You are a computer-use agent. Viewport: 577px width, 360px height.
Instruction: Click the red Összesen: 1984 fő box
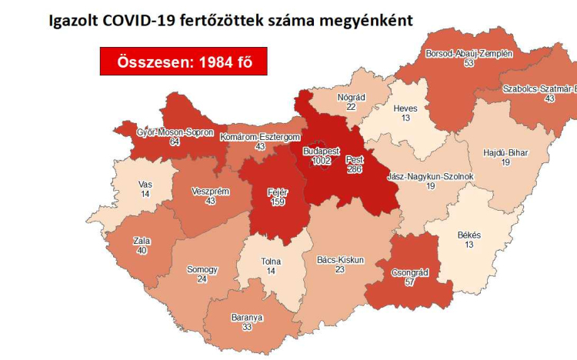[183, 61]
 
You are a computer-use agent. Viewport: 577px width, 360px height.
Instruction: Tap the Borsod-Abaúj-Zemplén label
[469, 54]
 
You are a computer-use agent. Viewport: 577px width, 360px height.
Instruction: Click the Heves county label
[405, 108]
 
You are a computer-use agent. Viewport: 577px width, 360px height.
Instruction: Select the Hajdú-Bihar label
[507, 153]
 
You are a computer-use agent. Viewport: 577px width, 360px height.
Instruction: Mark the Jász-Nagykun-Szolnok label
[431, 176]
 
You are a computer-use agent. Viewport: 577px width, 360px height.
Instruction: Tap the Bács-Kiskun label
[340, 260]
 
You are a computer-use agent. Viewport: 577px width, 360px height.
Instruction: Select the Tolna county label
[271, 262]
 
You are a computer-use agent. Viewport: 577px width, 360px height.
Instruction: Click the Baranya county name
[247, 317]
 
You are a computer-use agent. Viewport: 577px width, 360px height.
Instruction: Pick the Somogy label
[202, 270]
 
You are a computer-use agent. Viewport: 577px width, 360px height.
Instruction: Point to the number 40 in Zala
[141, 250]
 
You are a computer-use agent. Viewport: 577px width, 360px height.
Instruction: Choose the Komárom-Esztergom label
[259, 137]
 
